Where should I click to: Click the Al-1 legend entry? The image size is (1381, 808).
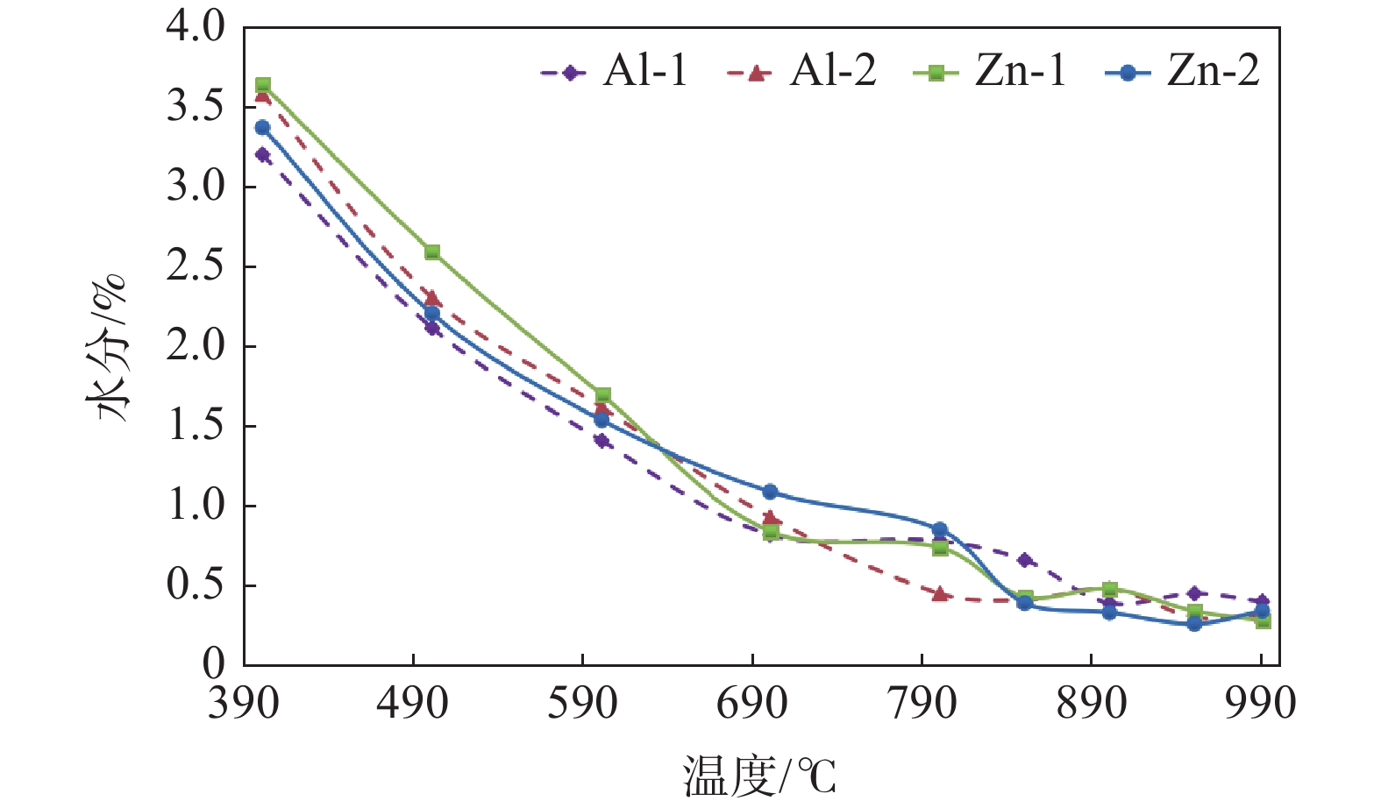(x=615, y=71)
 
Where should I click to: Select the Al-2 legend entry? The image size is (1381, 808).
(x=802, y=71)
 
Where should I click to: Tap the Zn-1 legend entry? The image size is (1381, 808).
(x=990, y=71)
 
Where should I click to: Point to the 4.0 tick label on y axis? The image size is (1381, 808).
(x=196, y=27)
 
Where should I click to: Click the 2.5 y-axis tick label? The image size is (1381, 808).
(x=196, y=266)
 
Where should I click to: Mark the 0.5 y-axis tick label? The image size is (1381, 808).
(x=196, y=585)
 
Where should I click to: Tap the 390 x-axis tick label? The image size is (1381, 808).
(x=243, y=704)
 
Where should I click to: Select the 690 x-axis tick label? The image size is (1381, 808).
(x=752, y=704)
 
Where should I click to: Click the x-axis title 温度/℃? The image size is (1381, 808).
(x=759, y=776)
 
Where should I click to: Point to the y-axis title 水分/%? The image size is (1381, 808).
(x=107, y=347)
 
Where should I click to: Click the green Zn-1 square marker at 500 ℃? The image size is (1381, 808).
(x=431, y=252)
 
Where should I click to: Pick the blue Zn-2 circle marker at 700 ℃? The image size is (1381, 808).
(x=770, y=492)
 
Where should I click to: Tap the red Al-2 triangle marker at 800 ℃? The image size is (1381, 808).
(x=940, y=594)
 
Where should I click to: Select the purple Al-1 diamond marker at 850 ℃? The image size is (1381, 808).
(x=1025, y=560)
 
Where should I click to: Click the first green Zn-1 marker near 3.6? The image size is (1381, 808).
(x=262, y=85)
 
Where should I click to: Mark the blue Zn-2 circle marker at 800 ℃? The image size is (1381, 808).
(x=940, y=529)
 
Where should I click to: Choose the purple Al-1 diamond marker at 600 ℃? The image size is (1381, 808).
(x=602, y=440)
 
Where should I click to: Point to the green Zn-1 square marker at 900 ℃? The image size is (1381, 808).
(x=1110, y=589)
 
